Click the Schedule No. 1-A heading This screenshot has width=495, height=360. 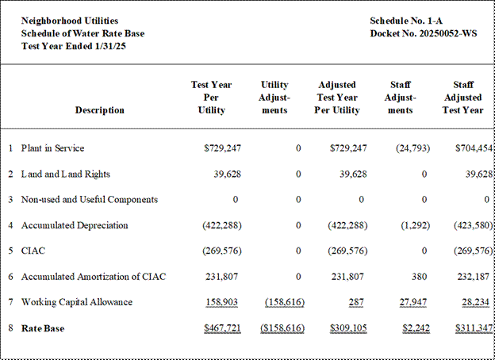[x=406, y=21]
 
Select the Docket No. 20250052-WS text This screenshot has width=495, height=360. [x=424, y=33]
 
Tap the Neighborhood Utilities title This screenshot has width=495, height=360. [x=70, y=21]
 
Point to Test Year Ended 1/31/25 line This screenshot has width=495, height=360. [x=74, y=46]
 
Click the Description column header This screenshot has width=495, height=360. [x=100, y=110]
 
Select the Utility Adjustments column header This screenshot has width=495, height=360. [x=274, y=98]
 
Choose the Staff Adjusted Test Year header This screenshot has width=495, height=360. [x=463, y=98]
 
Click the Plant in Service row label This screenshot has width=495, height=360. [x=52, y=148]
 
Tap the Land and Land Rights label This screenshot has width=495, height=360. [x=66, y=174]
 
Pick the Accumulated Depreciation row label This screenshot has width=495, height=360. [x=75, y=225]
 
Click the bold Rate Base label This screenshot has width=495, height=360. [x=43, y=328]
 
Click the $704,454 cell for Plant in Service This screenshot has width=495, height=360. [x=474, y=148]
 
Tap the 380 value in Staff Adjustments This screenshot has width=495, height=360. [x=419, y=277]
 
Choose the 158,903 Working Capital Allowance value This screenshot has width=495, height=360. [x=222, y=302]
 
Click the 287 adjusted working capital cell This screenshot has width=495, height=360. [x=356, y=302]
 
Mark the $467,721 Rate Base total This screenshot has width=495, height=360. [x=222, y=328]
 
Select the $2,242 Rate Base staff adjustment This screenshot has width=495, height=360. [x=416, y=328]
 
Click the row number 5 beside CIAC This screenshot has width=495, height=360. [x=11, y=251]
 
